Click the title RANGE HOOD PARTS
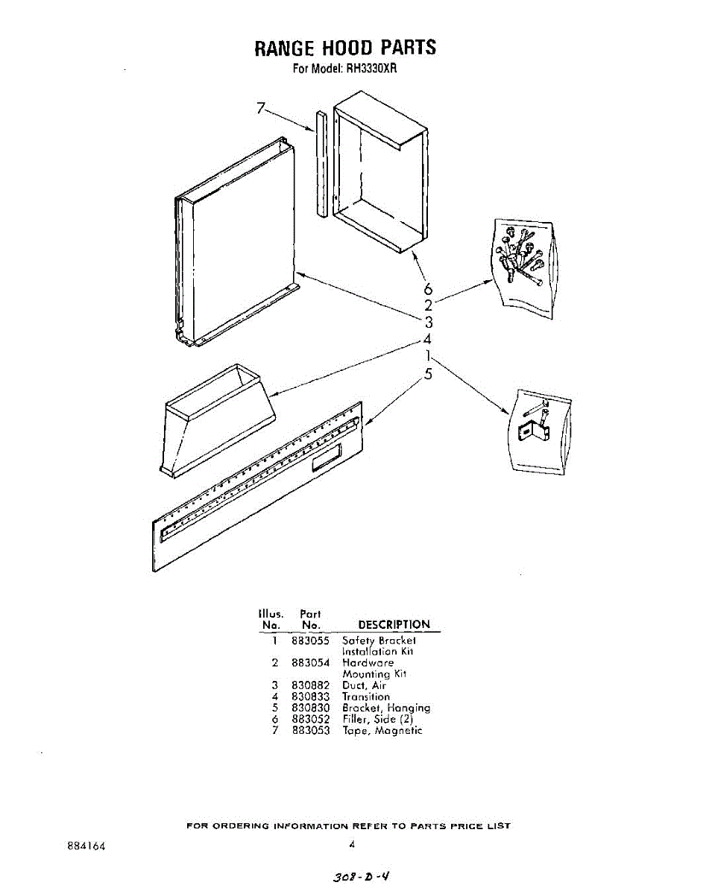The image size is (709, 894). click(x=345, y=48)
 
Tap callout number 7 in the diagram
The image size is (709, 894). click(x=260, y=108)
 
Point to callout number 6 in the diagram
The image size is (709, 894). click(x=428, y=288)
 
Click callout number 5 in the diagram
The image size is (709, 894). click(x=428, y=374)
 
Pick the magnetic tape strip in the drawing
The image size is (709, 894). click(x=321, y=164)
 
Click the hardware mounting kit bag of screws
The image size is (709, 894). click(x=523, y=268)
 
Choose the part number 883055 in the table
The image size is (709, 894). click(x=311, y=640)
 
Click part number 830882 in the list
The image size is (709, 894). click(x=311, y=685)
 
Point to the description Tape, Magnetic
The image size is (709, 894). click(x=382, y=731)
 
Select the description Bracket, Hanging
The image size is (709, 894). click(x=385, y=708)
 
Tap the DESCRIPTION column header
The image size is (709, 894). click(x=394, y=624)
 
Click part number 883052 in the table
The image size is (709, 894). click(x=311, y=720)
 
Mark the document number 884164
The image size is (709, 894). click(x=86, y=846)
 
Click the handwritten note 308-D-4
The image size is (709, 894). click(x=362, y=877)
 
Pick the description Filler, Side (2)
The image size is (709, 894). click(x=377, y=720)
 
